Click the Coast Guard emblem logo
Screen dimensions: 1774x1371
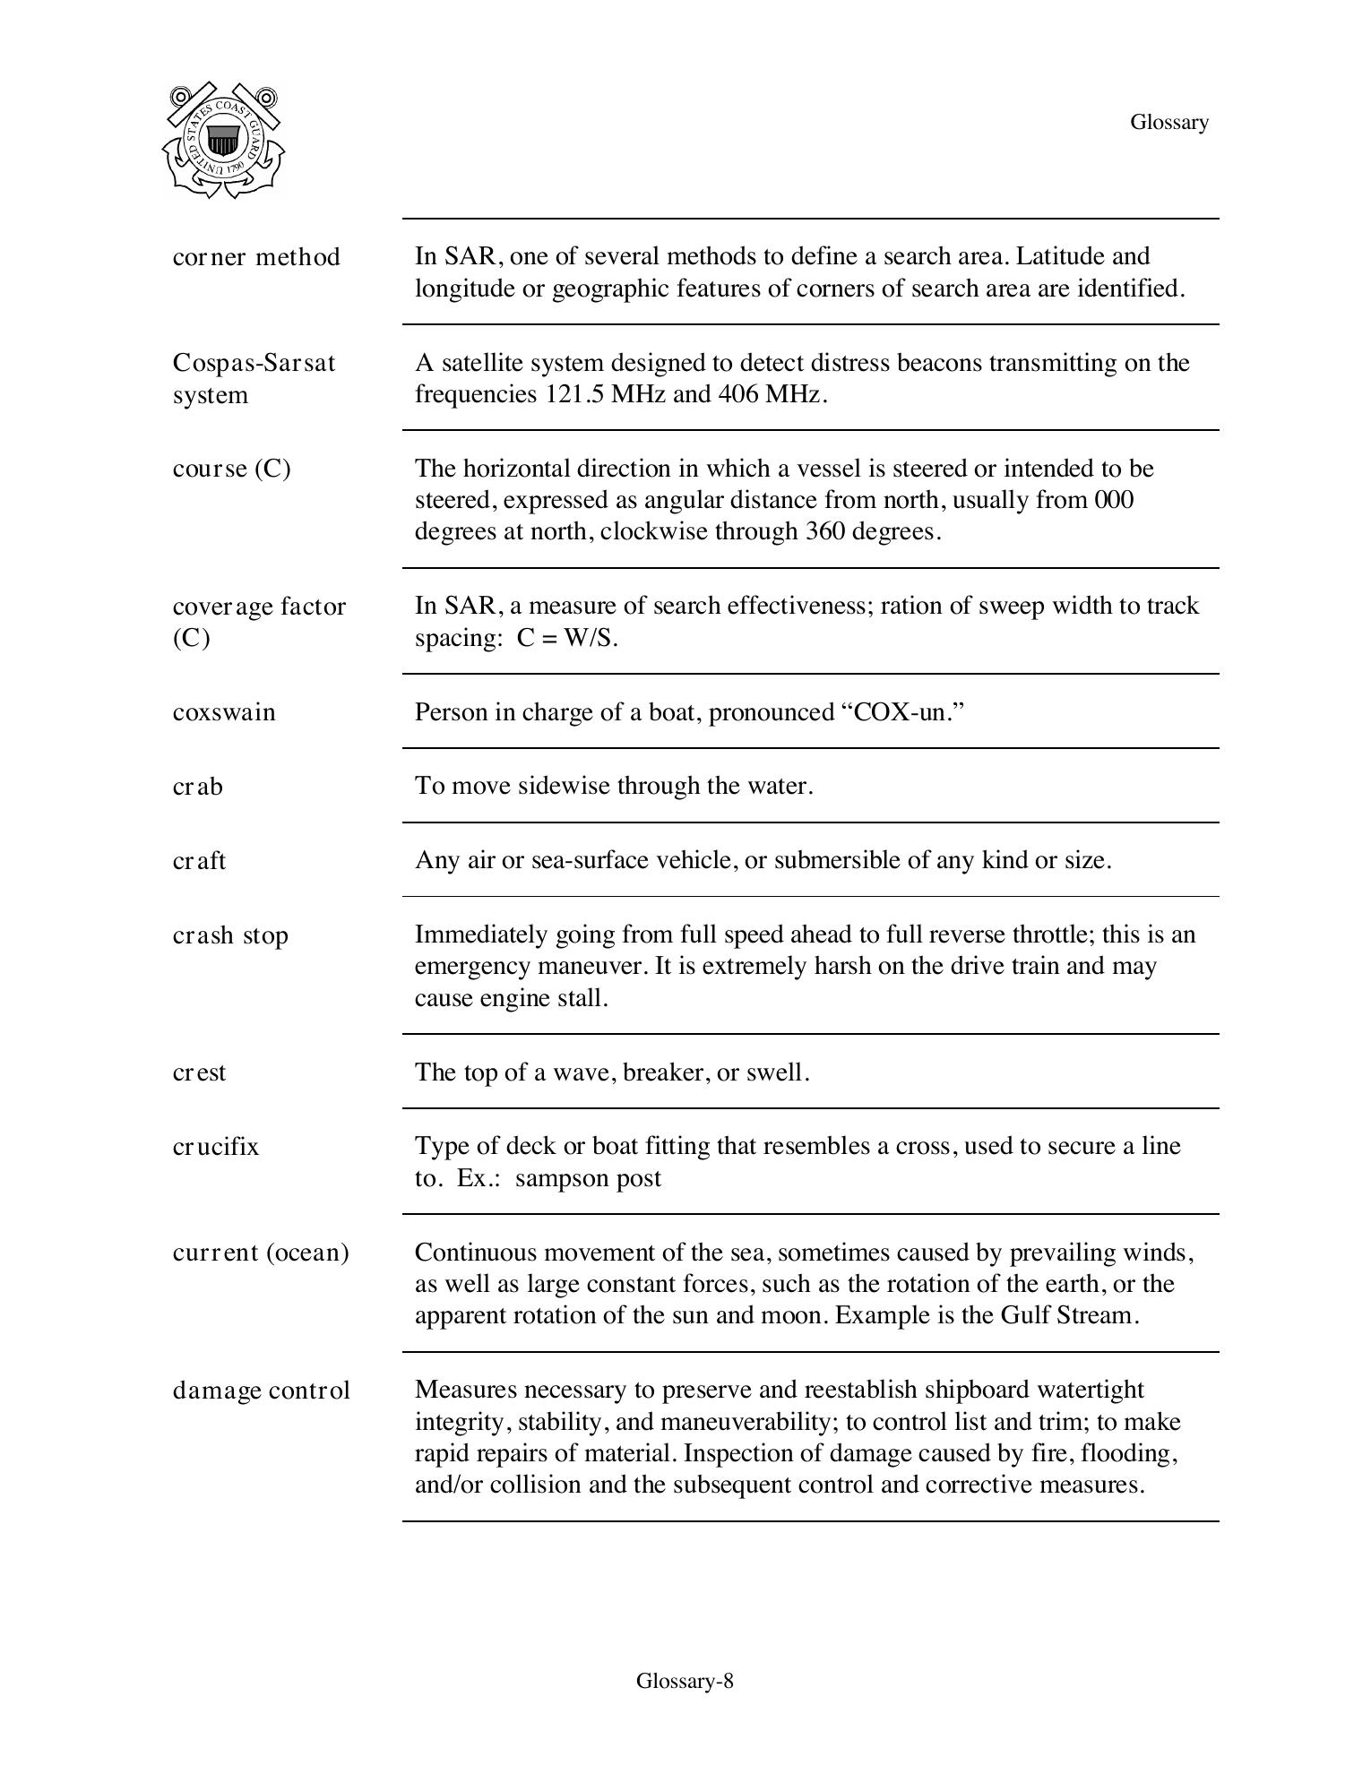pos(223,140)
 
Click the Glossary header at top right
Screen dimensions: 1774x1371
pos(1168,122)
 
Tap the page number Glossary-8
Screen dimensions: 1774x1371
pos(685,1681)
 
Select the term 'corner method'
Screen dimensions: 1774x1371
pos(256,257)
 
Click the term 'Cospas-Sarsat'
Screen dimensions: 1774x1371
pos(254,363)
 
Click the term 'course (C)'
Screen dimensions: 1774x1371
pos(231,469)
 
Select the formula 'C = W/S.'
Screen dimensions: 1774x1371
pos(567,639)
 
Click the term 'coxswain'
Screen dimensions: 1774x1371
pos(224,712)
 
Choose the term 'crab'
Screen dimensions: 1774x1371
pos(197,787)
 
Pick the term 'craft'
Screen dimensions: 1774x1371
pos(199,861)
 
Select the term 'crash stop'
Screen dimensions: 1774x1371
pos(230,935)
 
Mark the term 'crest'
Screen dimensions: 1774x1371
pos(199,1072)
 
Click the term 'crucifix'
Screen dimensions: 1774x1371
pos(215,1147)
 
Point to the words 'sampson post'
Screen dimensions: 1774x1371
pos(588,1178)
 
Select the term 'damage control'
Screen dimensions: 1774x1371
pos(261,1391)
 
